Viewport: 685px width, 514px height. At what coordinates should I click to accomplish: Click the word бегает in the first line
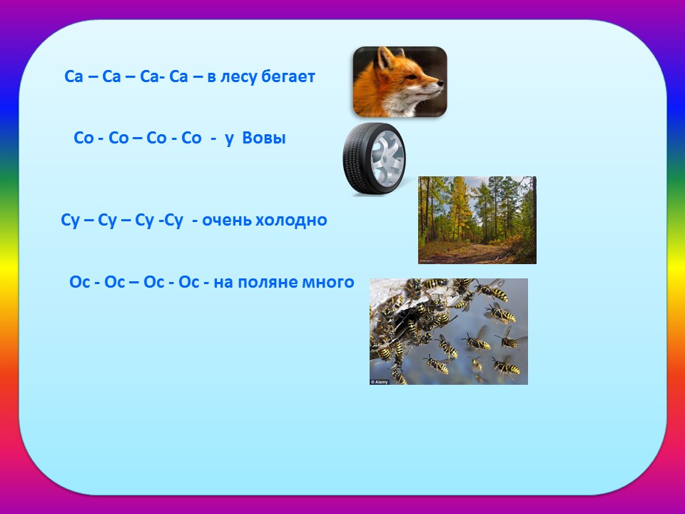288,77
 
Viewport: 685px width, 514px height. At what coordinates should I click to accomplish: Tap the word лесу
238,77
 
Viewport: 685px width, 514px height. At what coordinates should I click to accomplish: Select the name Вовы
263,138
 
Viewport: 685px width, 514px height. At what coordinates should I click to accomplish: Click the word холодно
291,219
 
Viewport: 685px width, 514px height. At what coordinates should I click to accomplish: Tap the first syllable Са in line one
73,77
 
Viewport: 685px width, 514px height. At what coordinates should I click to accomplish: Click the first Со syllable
83,138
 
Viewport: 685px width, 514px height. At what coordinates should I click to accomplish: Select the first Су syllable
71,221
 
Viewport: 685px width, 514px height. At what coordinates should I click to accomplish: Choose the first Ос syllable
79,282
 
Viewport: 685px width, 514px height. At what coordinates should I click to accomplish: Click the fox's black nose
440,83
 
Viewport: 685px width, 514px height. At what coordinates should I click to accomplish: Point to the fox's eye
411,77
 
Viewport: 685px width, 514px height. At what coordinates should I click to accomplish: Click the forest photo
477,220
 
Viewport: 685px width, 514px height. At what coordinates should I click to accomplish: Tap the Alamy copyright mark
379,381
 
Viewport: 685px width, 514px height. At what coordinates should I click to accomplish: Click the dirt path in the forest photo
472,253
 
